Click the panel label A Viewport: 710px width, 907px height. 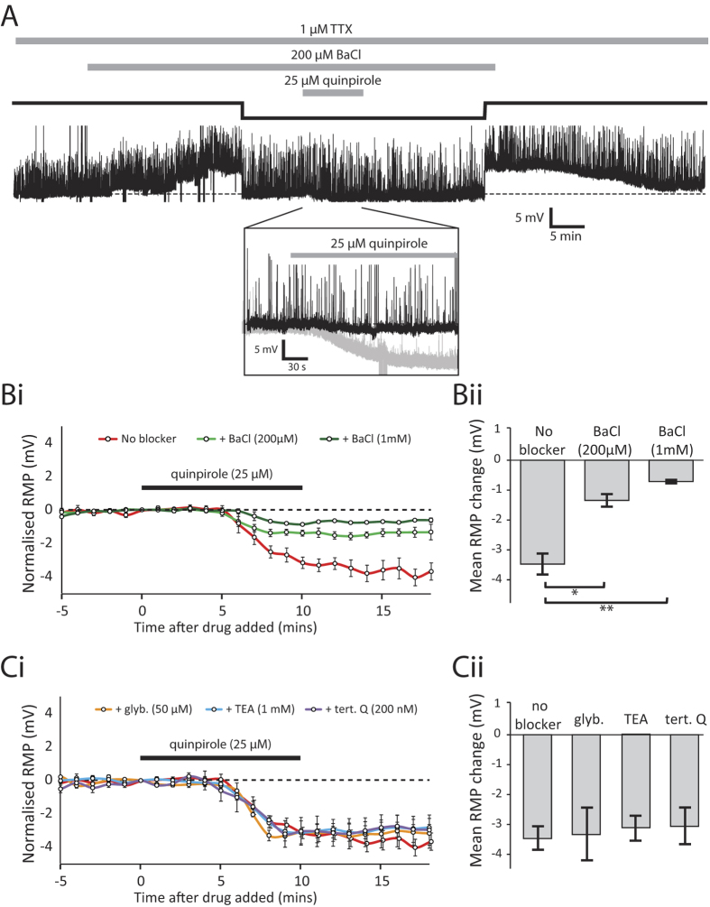pos(13,15)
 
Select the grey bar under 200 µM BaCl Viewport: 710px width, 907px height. pos(290,67)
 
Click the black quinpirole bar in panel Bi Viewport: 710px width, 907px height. pos(221,488)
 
